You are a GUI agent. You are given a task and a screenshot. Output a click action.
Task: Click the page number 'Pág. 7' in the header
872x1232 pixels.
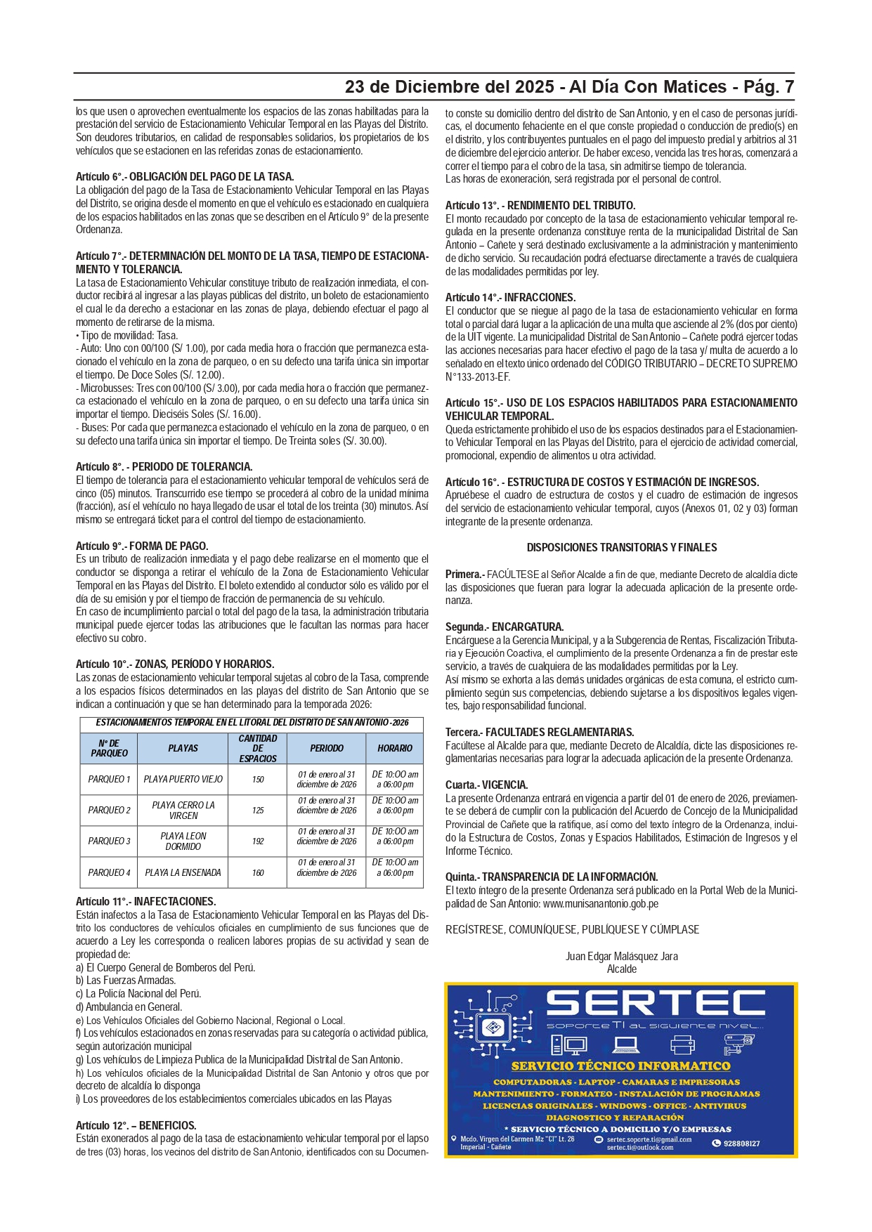[768, 87]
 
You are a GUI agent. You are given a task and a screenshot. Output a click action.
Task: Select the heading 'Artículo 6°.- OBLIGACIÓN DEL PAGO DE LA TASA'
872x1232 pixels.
[184, 177]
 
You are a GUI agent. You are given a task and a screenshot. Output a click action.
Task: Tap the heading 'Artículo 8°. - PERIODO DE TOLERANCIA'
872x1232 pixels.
[164, 466]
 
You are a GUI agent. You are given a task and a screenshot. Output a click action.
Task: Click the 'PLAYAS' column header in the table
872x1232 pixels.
[183, 749]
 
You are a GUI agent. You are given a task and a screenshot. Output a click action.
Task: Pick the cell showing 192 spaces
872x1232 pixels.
[258, 841]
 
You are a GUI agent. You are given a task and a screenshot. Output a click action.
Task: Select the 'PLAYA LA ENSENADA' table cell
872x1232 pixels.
[183, 872]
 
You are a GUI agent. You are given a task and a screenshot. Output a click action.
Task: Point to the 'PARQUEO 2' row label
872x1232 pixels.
[109, 810]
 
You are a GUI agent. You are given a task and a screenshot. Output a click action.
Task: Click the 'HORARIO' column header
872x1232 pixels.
[394, 749]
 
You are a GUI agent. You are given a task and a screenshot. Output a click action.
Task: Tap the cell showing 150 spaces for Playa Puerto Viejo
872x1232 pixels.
[258, 779]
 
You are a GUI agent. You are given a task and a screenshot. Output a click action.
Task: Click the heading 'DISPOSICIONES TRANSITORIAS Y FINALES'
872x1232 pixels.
[621, 548]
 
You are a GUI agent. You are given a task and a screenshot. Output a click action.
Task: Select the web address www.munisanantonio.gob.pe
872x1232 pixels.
[600, 904]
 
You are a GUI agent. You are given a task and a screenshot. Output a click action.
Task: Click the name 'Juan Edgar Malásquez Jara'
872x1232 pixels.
[621, 957]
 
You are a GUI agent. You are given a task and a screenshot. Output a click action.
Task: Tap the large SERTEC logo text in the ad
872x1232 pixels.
[655, 1003]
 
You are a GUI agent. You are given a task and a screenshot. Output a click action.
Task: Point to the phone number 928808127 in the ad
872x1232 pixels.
[741, 1143]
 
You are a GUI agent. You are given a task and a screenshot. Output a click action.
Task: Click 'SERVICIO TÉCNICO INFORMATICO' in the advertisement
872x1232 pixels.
[620, 1066]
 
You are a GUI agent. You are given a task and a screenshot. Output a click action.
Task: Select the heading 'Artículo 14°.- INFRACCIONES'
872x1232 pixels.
[510, 298]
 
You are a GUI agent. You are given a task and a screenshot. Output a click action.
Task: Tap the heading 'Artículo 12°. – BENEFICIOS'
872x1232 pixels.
[136, 1125]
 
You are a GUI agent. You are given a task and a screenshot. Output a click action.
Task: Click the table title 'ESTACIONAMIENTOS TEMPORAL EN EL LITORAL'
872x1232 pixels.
[252, 722]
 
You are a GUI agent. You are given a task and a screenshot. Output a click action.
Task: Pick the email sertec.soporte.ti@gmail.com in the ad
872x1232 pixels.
[649, 1139]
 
